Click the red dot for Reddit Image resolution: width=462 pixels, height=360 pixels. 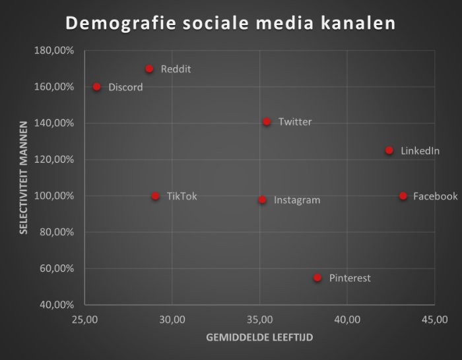(x=149, y=69)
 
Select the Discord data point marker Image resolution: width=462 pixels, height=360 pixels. (x=97, y=86)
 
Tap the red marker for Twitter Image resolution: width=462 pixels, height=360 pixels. (x=267, y=121)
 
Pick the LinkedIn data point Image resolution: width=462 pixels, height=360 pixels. (x=389, y=150)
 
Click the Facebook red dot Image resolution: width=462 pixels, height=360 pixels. (x=403, y=196)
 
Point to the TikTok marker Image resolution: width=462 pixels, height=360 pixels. (x=155, y=196)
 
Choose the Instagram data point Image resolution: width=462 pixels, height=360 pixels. (x=262, y=199)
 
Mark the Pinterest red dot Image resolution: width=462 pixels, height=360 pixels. (x=317, y=278)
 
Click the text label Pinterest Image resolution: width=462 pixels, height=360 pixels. (x=350, y=278)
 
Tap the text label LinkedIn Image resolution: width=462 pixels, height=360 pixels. (x=420, y=151)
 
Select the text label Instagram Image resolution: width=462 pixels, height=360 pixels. (x=297, y=200)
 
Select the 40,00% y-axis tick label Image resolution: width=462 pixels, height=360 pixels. (x=58, y=305)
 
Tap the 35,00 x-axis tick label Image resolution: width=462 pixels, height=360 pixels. (x=259, y=320)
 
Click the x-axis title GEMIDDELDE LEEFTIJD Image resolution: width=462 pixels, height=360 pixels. (x=259, y=338)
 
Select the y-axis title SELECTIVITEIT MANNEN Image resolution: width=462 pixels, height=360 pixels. (x=23, y=177)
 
